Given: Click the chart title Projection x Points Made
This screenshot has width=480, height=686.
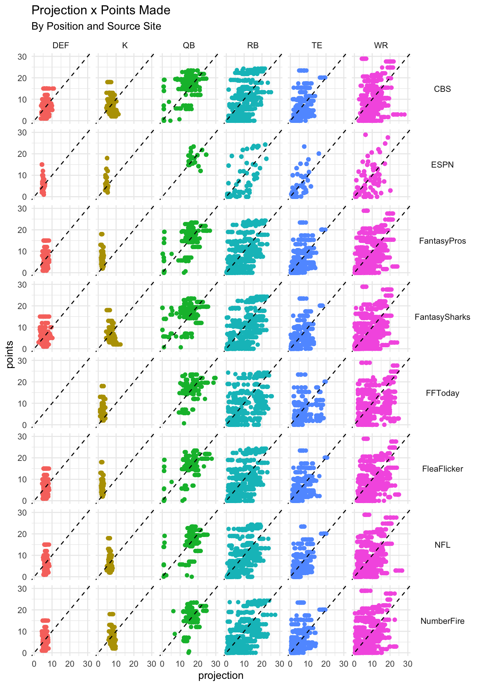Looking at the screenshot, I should point(101,10).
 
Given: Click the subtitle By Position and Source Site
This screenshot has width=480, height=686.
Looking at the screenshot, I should point(96,26).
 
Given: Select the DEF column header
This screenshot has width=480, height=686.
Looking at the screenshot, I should point(61,45).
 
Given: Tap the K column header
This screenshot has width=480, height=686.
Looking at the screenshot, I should point(125,45).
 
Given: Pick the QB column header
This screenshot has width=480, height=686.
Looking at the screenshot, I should point(189,45).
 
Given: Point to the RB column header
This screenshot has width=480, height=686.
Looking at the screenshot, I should point(253,45).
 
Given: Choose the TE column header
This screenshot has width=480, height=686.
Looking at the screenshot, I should point(317,45).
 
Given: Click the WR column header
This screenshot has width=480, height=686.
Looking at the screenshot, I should point(381,45).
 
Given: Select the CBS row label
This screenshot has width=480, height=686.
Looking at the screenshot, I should point(442,89).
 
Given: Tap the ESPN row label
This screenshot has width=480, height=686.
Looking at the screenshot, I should point(442,165).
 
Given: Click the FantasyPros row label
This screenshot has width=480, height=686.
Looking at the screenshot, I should point(442,241).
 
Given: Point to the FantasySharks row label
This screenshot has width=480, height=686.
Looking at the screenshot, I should point(442,317).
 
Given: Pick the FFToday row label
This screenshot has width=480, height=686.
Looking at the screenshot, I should point(442,393).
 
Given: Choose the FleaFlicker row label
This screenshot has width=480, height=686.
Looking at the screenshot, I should point(442,469).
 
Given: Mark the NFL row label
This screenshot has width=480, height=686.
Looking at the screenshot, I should point(442,545).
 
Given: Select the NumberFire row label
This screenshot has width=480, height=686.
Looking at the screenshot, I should point(442,621).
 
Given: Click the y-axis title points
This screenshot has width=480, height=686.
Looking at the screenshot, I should point(10,354).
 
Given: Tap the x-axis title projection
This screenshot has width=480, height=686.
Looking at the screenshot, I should point(221,676).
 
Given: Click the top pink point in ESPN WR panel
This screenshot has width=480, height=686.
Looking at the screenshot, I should point(365,135).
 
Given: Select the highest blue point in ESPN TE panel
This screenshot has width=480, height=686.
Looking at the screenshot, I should point(304,146).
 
